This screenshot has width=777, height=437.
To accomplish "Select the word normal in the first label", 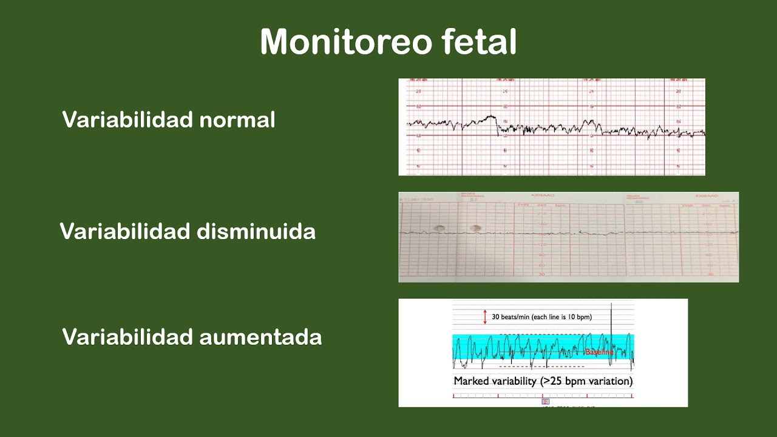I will click(237, 120).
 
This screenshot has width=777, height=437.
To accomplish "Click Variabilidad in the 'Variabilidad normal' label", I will click(127, 120).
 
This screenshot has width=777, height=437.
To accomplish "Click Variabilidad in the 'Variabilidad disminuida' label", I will click(125, 231).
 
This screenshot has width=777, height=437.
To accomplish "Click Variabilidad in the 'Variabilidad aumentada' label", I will click(127, 337).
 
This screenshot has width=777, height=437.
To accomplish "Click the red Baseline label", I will click(599, 352).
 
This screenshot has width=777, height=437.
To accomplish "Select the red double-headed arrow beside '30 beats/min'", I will click(484, 316).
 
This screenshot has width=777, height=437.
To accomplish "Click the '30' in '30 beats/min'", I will click(496, 317).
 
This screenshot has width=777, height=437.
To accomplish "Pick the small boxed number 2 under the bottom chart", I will click(545, 402).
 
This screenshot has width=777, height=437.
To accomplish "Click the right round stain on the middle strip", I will click(475, 228).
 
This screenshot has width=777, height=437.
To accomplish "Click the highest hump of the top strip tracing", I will click(490, 117).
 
